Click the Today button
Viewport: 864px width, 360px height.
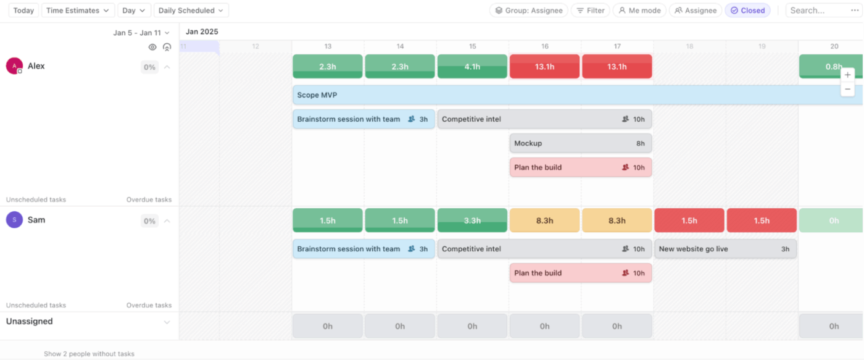pyautogui.click(x=23, y=10)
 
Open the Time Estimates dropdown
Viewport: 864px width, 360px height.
pyautogui.click(x=78, y=10)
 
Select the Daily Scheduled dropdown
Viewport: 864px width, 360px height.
pyautogui.click(x=191, y=10)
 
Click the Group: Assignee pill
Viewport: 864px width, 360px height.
pyautogui.click(x=529, y=10)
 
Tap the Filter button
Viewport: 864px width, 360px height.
pyautogui.click(x=591, y=10)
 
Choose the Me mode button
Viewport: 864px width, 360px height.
pyautogui.click(x=639, y=10)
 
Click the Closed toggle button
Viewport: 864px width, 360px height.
pyautogui.click(x=747, y=10)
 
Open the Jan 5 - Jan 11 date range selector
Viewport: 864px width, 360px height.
pyautogui.click(x=141, y=33)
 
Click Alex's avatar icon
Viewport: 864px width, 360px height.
pyautogui.click(x=14, y=66)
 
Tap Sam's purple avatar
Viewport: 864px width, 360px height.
pyautogui.click(x=14, y=220)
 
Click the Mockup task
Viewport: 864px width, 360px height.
pyautogui.click(x=580, y=143)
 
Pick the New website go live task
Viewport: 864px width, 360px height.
pyautogui.click(x=725, y=249)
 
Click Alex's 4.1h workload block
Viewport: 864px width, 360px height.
pyautogui.click(x=472, y=67)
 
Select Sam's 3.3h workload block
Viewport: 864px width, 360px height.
pyautogui.click(x=472, y=220)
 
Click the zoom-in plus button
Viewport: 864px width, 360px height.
pyautogui.click(x=848, y=75)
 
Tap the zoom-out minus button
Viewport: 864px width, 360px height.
pyautogui.click(x=848, y=89)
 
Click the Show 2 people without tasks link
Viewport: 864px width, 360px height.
pyautogui.click(x=89, y=354)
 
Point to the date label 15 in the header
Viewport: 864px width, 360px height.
pyautogui.click(x=472, y=46)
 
